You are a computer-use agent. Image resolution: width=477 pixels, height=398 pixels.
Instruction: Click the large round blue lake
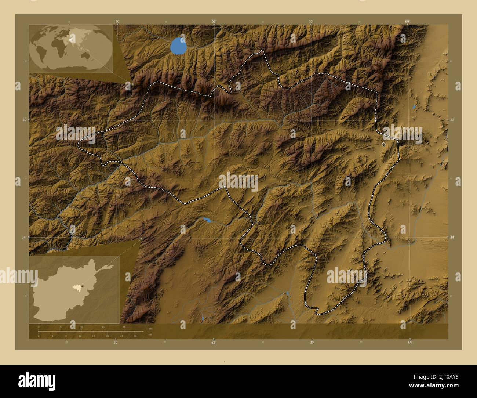click(178, 46)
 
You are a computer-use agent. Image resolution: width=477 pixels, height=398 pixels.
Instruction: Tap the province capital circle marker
click(383, 145)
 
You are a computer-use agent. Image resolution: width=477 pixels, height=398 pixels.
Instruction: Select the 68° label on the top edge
click(214, 21)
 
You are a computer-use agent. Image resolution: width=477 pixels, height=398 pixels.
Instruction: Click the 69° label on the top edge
click(407, 21)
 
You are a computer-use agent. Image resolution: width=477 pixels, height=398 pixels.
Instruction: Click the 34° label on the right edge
click(452, 237)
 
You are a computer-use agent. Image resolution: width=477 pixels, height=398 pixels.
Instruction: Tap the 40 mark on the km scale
click(124, 327)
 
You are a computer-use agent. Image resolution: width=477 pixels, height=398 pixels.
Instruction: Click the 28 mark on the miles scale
click(135, 336)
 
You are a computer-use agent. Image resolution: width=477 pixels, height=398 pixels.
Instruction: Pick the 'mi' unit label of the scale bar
click(150, 334)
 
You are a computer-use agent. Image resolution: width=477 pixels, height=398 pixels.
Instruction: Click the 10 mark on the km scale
click(60, 327)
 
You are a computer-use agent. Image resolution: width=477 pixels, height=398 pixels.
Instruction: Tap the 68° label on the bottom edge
click(214, 343)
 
